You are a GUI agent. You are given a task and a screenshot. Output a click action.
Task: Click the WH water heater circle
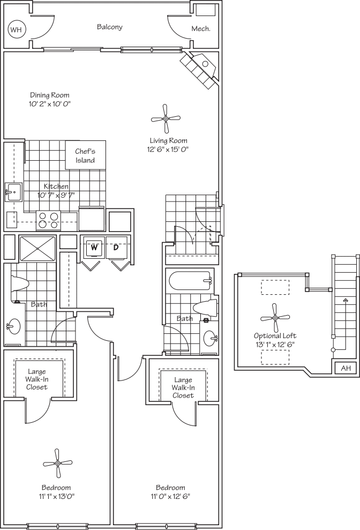[16, 29]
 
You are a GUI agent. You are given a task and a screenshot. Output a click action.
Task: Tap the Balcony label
[109, 27]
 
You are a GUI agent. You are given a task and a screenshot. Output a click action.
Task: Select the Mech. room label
[201, 29]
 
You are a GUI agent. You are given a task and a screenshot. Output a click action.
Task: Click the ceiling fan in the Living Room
[165, 119]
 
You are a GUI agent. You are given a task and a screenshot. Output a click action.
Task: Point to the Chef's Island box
[85, 155]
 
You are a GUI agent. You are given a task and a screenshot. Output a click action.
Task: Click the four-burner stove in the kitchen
[48, 220]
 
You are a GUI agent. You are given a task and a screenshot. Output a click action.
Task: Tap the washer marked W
[93, 248]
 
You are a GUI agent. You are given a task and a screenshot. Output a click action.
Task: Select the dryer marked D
[116, 248]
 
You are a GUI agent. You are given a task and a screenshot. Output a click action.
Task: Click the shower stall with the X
[37, 248]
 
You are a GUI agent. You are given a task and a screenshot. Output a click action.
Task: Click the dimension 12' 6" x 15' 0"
[169, 150]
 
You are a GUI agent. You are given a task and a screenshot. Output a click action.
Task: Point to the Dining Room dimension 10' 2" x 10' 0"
[50, 103]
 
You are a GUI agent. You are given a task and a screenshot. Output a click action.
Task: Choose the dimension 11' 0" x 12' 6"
[170, 496]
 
